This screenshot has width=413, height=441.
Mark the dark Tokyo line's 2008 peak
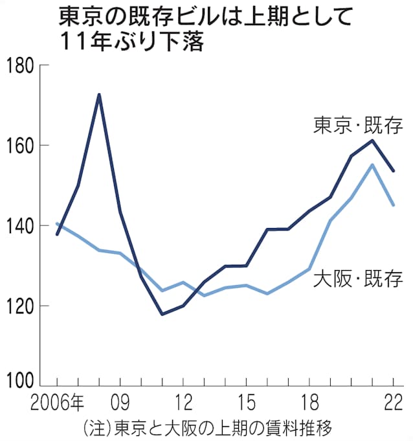coord(98,95)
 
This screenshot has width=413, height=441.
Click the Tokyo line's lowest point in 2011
coord(162,314)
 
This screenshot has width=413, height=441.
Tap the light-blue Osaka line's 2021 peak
coord(372,164)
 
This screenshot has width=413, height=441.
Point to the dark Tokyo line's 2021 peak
coord(372,140)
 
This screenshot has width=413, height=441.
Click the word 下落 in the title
coord(186,43)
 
